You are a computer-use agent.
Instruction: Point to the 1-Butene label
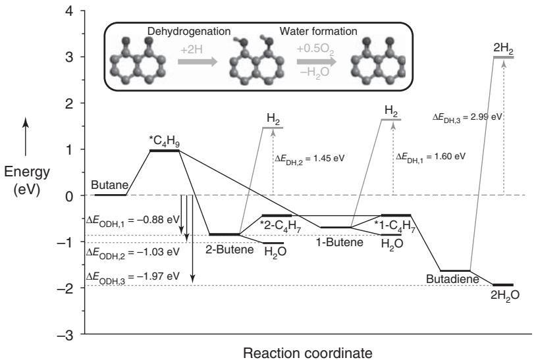pos(339,243)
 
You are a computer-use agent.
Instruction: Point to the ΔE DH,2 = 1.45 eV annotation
pos(309,159)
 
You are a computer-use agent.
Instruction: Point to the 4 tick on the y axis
pos(67,11)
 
